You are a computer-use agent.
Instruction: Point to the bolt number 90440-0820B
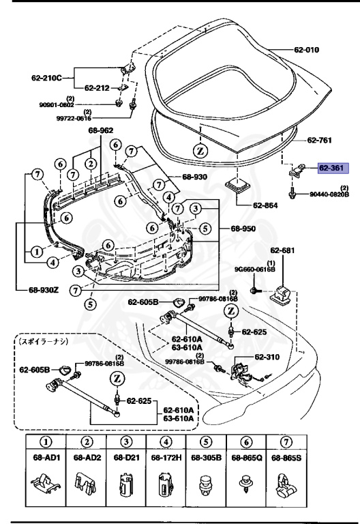click(327, 194)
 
